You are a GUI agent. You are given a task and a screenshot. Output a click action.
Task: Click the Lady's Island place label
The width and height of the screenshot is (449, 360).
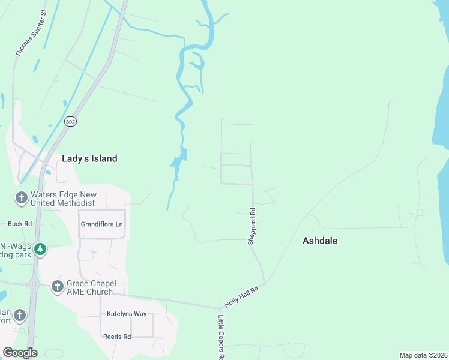point(89,158)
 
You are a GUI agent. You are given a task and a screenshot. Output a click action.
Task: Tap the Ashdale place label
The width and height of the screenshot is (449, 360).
point(320,241)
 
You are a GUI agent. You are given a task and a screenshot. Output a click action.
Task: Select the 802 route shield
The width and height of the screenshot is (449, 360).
point(71,121)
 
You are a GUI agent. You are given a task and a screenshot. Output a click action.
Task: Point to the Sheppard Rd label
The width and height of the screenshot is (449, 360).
point(252,226)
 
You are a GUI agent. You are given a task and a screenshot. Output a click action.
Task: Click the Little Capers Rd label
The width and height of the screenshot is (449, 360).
point(221,337)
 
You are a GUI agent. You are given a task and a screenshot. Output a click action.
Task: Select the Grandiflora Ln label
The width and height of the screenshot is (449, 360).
point(101,224)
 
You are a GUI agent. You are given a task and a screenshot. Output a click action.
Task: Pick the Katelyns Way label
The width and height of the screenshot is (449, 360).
point(127,314)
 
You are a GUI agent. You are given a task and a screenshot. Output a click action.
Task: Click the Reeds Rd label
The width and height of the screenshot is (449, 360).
point(117,337)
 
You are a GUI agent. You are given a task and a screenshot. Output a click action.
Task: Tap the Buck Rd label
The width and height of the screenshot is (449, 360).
point(20,224)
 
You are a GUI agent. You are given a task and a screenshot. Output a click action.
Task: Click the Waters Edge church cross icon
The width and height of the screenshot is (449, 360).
point(21,197)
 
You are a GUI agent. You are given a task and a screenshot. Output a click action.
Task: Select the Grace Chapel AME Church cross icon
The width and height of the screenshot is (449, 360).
point(58,286)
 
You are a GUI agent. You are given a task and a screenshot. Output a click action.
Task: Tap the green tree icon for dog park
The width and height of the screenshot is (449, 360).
point(40,249)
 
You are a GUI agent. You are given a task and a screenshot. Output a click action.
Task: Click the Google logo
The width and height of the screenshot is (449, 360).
point(20,353)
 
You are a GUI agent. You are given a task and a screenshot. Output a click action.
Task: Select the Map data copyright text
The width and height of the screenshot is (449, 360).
point(423,355)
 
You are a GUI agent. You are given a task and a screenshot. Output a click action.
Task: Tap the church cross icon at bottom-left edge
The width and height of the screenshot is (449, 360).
point(20,315)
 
